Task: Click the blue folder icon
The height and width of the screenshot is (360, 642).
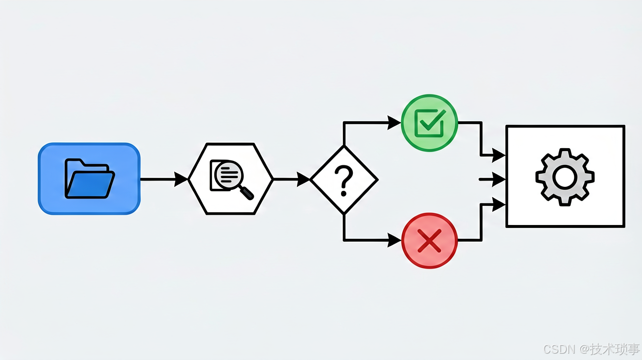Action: click(x=90, y=179)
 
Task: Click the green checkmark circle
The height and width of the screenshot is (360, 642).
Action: click(x=429, y=123)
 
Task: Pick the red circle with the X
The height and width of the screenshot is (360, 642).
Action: click(x=429, y=241)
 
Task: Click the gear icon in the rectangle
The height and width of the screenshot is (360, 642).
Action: click(x=565, y=177)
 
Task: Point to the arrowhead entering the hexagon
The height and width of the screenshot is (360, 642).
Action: click(x=181, y=180)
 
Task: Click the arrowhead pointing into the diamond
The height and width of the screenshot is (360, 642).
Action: click(x=303, y=180)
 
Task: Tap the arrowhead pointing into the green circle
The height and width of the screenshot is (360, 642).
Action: click(x=394, y=123)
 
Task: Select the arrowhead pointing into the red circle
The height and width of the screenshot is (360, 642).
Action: click(x=394, y=240)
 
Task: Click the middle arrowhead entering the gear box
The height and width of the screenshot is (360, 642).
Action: click(x=499, y=180)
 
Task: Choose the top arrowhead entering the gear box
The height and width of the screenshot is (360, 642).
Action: click(x=499, y=155)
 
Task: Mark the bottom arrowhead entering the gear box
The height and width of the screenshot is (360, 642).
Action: click(x=499, y=204)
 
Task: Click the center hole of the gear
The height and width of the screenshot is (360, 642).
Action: click(x=565, y=177)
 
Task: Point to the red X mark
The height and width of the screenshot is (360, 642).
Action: click(x=429, y=241)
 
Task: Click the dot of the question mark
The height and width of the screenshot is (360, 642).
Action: click(x=344, y=194)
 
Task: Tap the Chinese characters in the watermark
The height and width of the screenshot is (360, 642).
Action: click(x=615, y=349)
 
